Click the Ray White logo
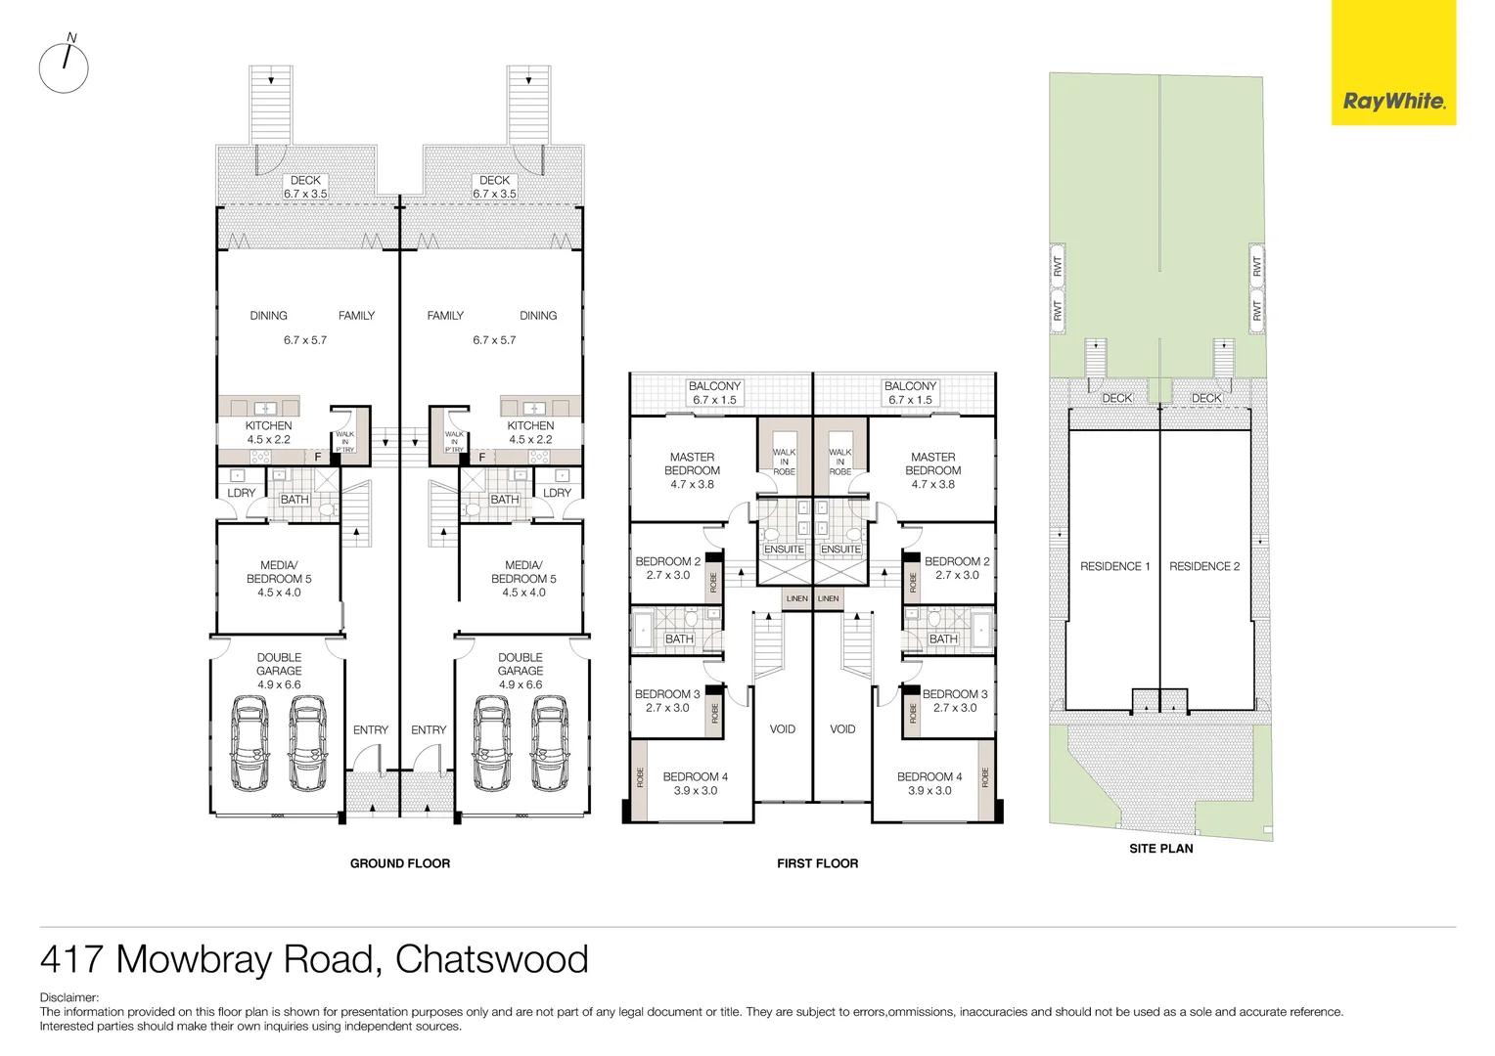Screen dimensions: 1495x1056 (1393, 100)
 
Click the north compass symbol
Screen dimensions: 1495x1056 (65, 66)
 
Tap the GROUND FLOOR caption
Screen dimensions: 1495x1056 (400, 863)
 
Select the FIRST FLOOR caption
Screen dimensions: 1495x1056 (817, 863)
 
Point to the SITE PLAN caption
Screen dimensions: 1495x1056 (1160, 849)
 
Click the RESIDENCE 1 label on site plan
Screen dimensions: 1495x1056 (1114, 566)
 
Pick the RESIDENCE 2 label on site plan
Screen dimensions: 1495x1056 (1203, 566)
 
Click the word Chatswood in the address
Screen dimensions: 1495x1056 (491, 959)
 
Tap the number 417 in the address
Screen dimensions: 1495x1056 (71, 959)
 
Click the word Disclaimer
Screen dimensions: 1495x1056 (68, 997)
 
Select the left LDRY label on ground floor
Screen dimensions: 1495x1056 (241, 493)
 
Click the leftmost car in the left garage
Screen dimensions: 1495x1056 (249, 743)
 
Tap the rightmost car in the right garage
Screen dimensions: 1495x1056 (550, 743)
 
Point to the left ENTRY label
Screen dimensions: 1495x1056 (370, 730)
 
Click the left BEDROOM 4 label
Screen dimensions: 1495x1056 (695, 783)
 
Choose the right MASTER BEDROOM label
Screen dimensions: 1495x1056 (932, 470)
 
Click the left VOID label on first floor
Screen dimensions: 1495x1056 (782, 729)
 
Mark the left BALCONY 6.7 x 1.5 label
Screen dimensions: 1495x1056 (714, 393)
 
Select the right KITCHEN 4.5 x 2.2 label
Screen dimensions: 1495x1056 (530, 432)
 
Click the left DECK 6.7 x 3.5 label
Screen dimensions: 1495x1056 (305, 187)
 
